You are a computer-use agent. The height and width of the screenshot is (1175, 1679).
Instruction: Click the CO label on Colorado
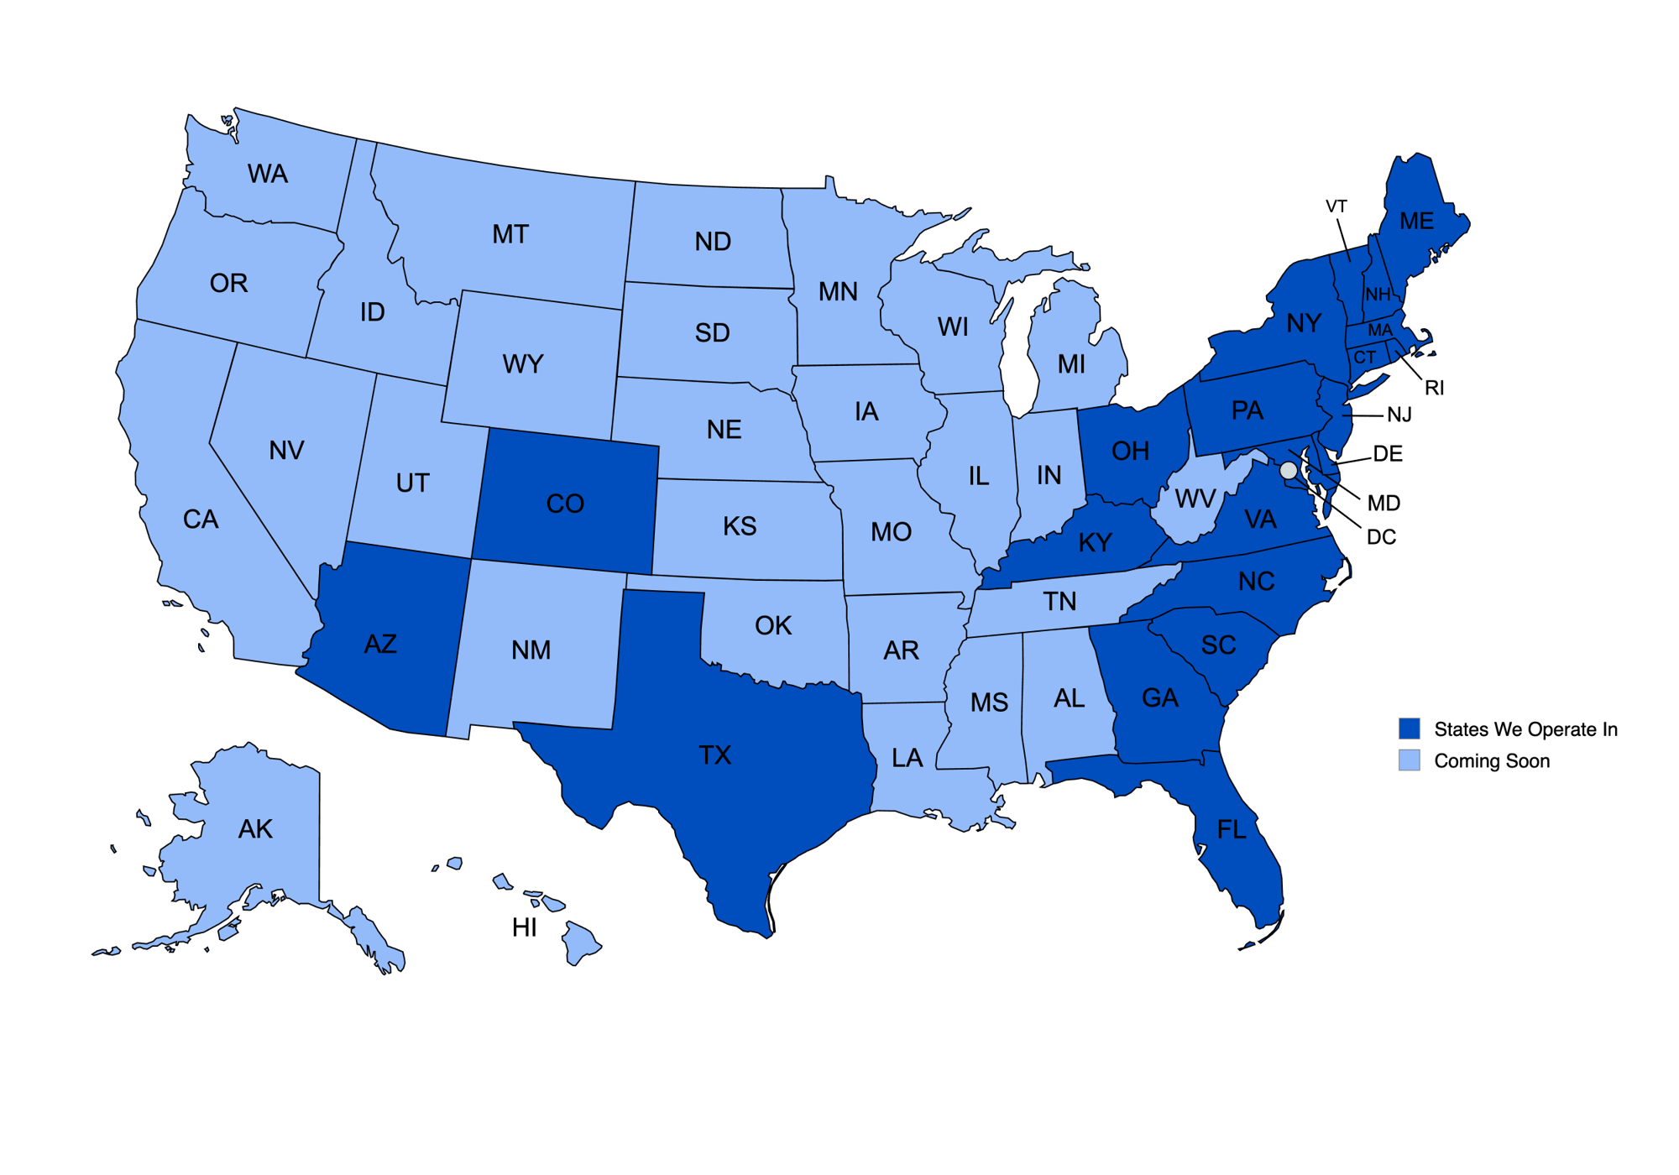coord(565,504)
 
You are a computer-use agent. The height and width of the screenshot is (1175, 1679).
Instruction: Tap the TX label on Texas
coord(715,755)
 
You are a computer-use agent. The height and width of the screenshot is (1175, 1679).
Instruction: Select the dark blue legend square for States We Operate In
coord(1410,728)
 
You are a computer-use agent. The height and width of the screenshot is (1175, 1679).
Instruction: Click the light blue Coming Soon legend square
coord(1410,760)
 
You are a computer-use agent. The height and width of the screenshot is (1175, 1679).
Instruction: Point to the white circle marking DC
coord(1289,470)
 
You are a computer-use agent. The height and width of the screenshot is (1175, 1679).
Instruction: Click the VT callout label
coord(1336,206)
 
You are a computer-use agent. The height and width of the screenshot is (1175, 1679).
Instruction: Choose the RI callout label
coord(1435,388)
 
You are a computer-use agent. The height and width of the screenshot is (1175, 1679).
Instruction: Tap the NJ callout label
coord(1399,415)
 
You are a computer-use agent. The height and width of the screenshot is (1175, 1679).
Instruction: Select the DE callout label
coord(1388,454)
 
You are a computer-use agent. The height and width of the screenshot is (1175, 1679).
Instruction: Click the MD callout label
coord(1383,504)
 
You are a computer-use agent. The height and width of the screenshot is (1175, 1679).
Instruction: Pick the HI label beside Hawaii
coord(525,927)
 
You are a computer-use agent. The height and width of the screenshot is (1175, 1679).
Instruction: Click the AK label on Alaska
coord(255,829)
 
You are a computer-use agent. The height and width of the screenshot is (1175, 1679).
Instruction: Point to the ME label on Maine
coord(1417,221)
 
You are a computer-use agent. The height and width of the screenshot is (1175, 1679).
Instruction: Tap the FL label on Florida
coord(1232,830)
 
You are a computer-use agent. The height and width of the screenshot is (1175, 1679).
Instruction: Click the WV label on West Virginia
coord(1195,499)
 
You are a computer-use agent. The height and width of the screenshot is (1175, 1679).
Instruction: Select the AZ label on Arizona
coord(380,644)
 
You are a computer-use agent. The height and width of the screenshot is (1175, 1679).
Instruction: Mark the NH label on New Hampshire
coord(1378,295)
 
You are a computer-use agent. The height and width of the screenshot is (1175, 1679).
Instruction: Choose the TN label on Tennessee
coord(1060,601)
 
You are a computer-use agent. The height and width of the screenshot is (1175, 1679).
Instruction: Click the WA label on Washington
coord(268,174)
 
